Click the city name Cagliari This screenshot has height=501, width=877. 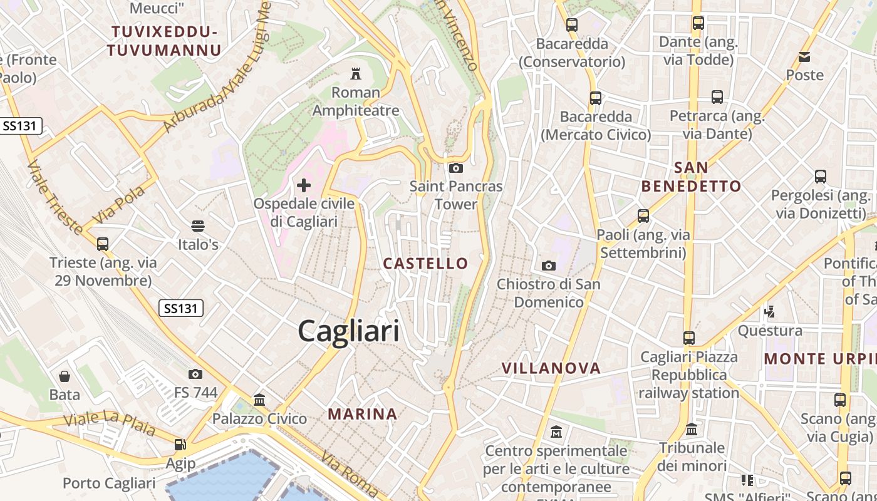click(x=348, y=330)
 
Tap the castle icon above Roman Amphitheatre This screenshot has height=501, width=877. click(x=356, y=74)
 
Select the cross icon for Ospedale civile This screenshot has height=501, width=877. click(x=304, y=185)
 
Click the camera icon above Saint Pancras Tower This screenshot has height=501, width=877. click(x=456, y=168)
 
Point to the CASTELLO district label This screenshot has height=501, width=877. click(x=425, y=264)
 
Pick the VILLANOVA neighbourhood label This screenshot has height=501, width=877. click(x=551, y=368)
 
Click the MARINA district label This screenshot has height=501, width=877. click(x=363, y=414)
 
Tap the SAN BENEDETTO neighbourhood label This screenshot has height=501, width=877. click(x=691, y=177)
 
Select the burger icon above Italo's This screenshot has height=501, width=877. click(x=198, y=225)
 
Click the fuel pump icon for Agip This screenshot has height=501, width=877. click(x=180, y=445)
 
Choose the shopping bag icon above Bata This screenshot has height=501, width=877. click(x=65, y=376)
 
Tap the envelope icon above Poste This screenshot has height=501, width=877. click(x=804, y=57)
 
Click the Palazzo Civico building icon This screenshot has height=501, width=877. click(x=259, y=400)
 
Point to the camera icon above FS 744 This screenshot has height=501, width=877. click(x=195, y=374)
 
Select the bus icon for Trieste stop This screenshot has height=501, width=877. click(x=103, y=244)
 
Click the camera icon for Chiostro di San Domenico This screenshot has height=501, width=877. click(x=549, y=266)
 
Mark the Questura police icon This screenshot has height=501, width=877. click(x=770, y=311)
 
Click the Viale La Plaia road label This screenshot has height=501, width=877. click(x=110, y=425)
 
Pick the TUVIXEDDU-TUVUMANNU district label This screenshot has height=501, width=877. click(x=164, y=41)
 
